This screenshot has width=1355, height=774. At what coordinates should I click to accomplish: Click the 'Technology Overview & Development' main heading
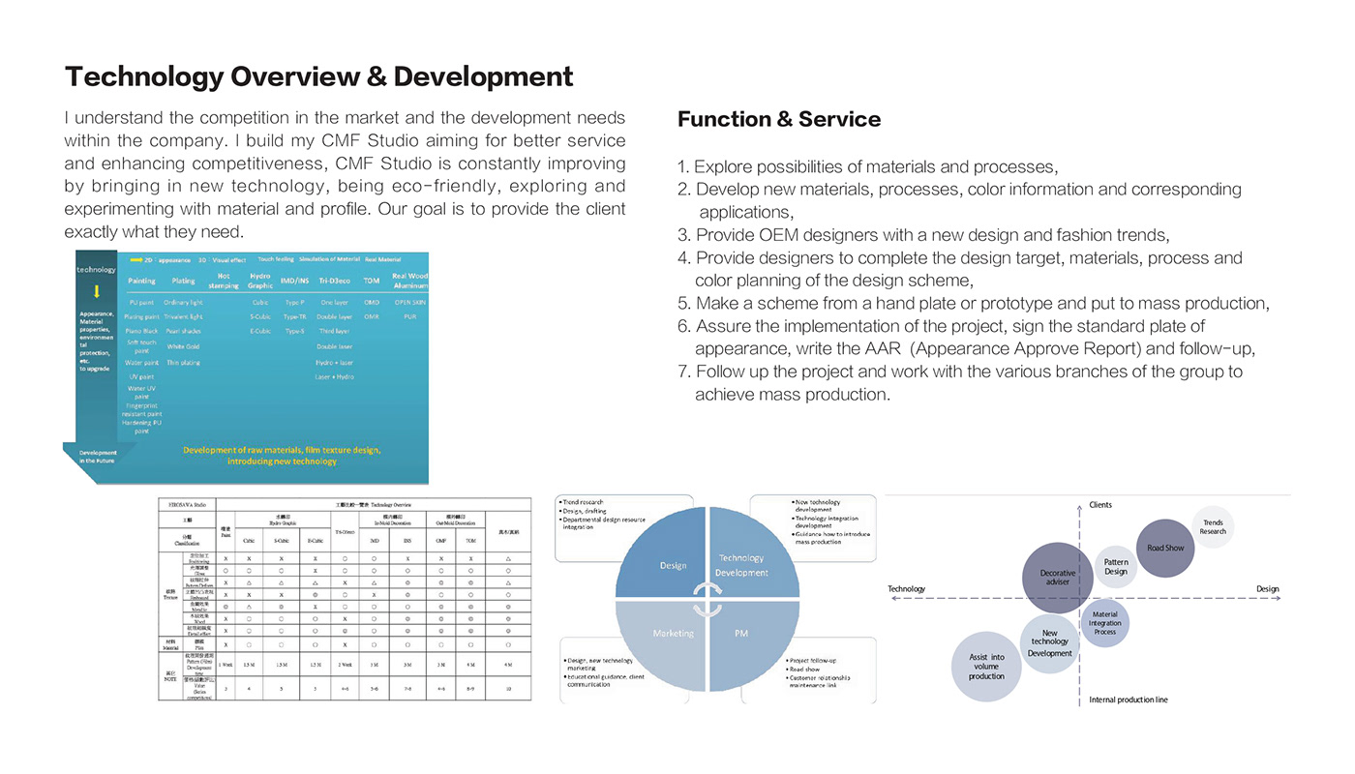click(x=318, y=76)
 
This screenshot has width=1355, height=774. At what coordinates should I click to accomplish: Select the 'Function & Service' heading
click(x=778, y=119)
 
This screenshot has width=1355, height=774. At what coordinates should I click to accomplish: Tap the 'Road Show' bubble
click(x=1165, y=548)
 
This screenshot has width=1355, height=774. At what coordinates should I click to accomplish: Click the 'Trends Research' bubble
click(x=1213, y=526)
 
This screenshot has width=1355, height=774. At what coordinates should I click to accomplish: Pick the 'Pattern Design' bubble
click(x=1116, y=566)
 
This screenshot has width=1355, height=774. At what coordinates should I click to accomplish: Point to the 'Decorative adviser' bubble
click(x=1058, y=578)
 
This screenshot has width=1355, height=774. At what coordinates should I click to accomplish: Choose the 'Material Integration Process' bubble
click(x=1104, y=622)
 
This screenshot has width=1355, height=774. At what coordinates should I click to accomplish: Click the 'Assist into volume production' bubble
click(x=986, y=667)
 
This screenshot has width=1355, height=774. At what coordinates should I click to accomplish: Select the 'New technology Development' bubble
click(x=1049, y=642)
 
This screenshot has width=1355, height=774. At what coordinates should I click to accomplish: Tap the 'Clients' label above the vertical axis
click(x=1100, y=505)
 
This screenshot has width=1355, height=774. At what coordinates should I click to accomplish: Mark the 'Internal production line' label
click(x=1128, y=700)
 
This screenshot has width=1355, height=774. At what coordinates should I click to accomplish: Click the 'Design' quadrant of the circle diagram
click(x=673, y=565)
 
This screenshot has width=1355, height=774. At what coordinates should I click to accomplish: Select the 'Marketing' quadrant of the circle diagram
click(x=673, y=634)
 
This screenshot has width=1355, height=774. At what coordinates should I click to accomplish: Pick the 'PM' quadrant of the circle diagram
click(x=741, y=634)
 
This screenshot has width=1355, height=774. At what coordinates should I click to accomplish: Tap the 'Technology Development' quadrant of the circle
click(x=741, y=565)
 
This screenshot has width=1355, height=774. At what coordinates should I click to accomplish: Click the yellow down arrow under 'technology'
click(x=97, y=291)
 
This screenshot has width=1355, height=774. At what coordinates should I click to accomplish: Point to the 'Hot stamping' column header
click(x=223, y=281)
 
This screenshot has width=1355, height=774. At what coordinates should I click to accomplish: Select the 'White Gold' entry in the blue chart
click(x=183, y=346)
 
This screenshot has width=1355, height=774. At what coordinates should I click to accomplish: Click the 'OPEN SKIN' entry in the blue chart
click(x=409, y=302)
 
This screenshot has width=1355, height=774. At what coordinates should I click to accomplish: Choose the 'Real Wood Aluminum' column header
click(x=409, y=281)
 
